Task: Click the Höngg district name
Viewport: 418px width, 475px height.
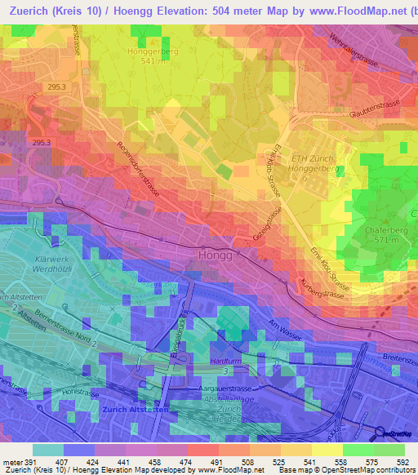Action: point(216,255)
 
